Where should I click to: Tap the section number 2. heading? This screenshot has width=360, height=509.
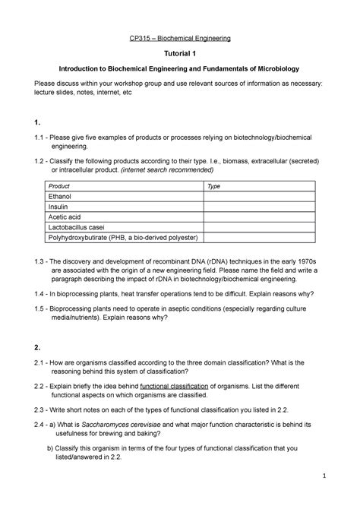(x=30, y=347)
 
